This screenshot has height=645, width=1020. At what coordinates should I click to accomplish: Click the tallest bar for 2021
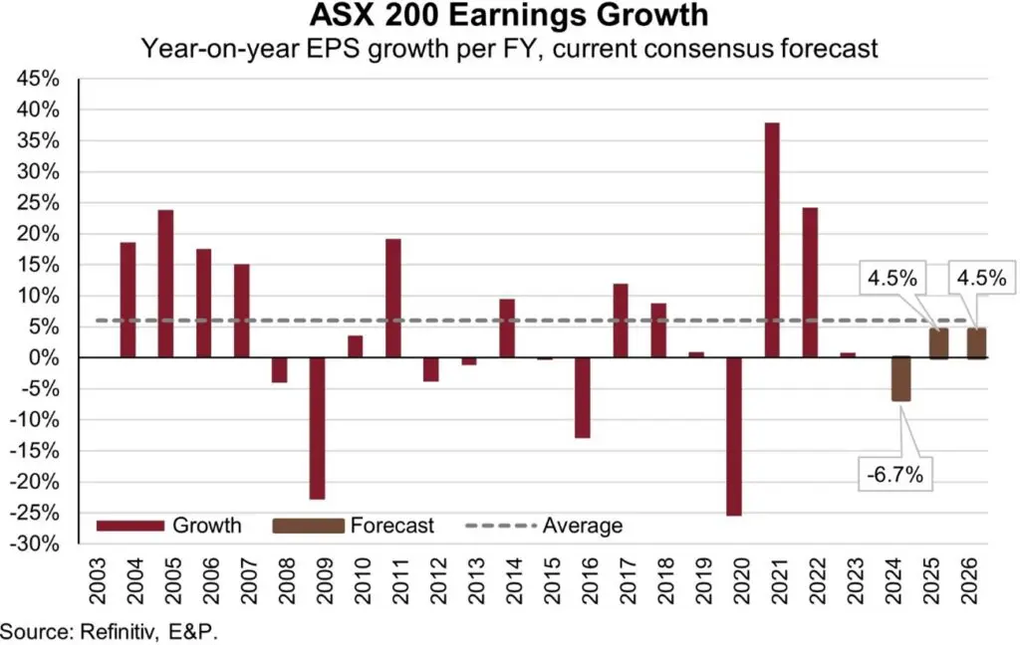tap(772, 239)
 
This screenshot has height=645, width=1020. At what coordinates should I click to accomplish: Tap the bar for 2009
tap(317, 428)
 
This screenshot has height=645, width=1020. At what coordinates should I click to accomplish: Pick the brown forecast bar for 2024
tap(900, 379)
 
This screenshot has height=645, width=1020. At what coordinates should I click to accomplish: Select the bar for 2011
tap(392, 298)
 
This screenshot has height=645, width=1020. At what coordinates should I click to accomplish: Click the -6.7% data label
tap(892, 475)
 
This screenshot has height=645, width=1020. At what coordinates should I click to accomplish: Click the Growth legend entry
tap(169, 526)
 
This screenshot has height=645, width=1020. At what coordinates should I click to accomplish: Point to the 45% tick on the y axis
tap(39, 79)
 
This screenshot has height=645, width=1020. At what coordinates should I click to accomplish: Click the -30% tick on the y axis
tap(36, 544)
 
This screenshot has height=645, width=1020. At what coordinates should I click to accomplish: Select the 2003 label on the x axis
tap(90, 581)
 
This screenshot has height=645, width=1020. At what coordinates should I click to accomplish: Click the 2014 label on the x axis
tap(507, 581)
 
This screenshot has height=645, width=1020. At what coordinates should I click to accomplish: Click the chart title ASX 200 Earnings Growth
tap(510, 17)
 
